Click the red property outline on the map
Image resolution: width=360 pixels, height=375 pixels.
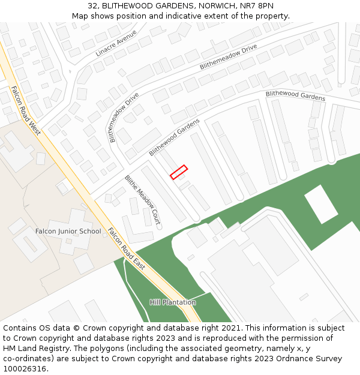click(179, 172)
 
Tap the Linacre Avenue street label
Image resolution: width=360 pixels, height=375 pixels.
click(116, 43)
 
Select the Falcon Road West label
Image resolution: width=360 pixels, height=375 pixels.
click(25, 111)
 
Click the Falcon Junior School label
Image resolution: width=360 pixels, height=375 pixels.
click(68, 231)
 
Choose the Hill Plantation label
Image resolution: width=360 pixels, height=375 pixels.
click(173, 302)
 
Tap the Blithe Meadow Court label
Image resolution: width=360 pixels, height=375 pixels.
click(143, 196)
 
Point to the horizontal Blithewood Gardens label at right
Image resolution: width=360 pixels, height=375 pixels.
click(295, 95)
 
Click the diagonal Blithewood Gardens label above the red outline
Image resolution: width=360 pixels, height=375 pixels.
click(174, 137)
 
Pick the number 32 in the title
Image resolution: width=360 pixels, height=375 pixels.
click(100, 5)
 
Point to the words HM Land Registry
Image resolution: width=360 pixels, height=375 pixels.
click(32, 349)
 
